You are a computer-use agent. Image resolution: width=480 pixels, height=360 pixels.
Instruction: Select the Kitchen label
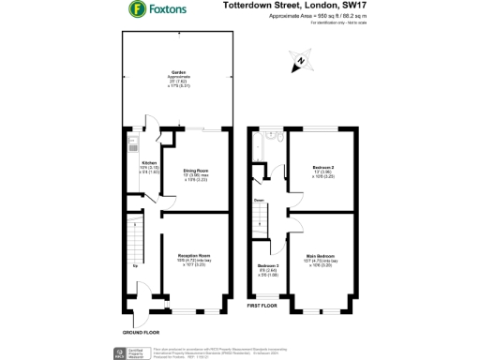(x=149, y=163)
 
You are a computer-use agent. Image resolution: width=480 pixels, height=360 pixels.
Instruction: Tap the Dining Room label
(x=195, y=172)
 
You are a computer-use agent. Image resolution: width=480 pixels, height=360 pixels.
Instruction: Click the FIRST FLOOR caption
(x=263, y=306)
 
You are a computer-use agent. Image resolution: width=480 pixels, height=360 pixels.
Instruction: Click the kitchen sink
(x=133, y=145)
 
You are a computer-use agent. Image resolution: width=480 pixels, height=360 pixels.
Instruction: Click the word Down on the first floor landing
(x=256, y=200)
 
